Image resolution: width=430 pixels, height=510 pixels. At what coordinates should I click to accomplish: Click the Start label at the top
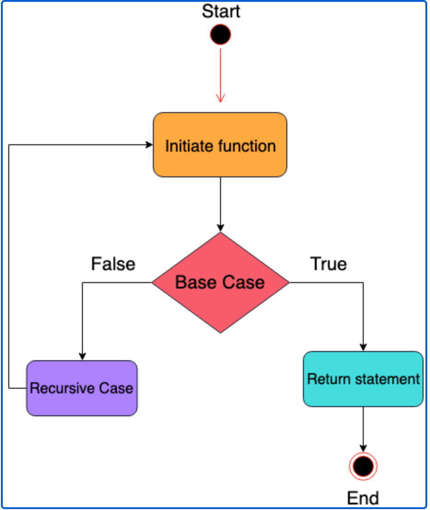pos(221,11)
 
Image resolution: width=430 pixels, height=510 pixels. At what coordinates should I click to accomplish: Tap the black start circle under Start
pos(221,35)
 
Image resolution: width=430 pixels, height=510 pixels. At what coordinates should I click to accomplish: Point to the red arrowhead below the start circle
pos(221,98)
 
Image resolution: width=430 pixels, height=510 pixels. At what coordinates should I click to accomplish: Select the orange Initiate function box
pos(220,145)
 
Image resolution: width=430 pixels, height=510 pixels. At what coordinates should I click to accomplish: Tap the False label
pos(113,264)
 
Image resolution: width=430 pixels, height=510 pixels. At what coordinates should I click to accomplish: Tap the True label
pos(328,264)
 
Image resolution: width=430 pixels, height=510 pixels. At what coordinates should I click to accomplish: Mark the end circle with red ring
pos(363,467)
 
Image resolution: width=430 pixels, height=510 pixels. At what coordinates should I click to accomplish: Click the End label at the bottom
pos(363,498)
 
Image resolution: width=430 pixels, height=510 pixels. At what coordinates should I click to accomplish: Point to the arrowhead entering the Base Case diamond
pos(221,228)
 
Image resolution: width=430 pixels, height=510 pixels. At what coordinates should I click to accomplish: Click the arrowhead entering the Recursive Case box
pos(82,357)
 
